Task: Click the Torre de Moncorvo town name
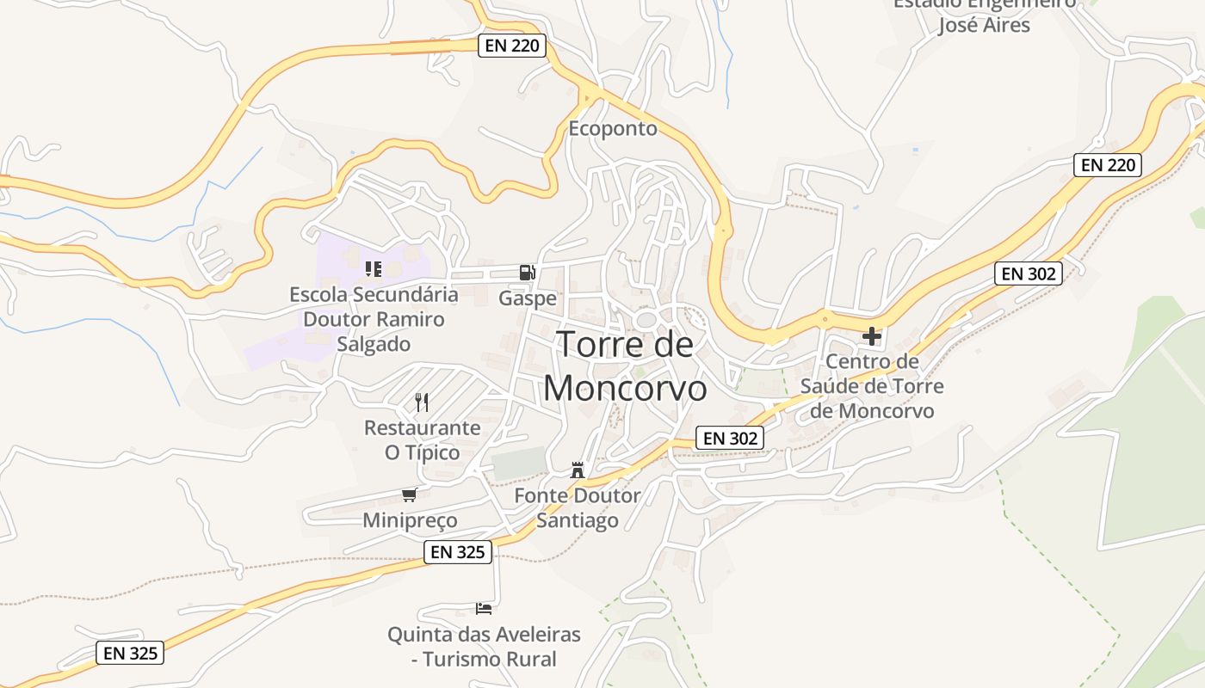coord(626,366)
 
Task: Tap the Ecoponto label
coord(613,129)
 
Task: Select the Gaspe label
coord(528,298)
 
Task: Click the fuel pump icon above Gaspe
coord(527,273)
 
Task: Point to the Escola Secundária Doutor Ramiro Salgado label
coord(374,319)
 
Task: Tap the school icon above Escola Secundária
coord(373,269)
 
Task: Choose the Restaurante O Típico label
coord(422,439)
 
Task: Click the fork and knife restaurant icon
coord(422,402)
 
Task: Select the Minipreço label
coord(410,520)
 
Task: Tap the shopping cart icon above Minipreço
coord(410,494)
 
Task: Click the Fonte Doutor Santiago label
coord(578,507)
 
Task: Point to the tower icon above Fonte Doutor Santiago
coord(577,470)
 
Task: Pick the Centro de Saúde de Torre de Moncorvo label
coord(872,385)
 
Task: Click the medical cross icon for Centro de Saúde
coord(872,335)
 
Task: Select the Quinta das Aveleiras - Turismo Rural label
coord(484,647)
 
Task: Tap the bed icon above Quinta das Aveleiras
coord(484,609)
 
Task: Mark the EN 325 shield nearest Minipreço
coord(458,552)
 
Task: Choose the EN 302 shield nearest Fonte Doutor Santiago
coord(730,439)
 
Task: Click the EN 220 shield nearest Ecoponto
coord(512,46)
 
